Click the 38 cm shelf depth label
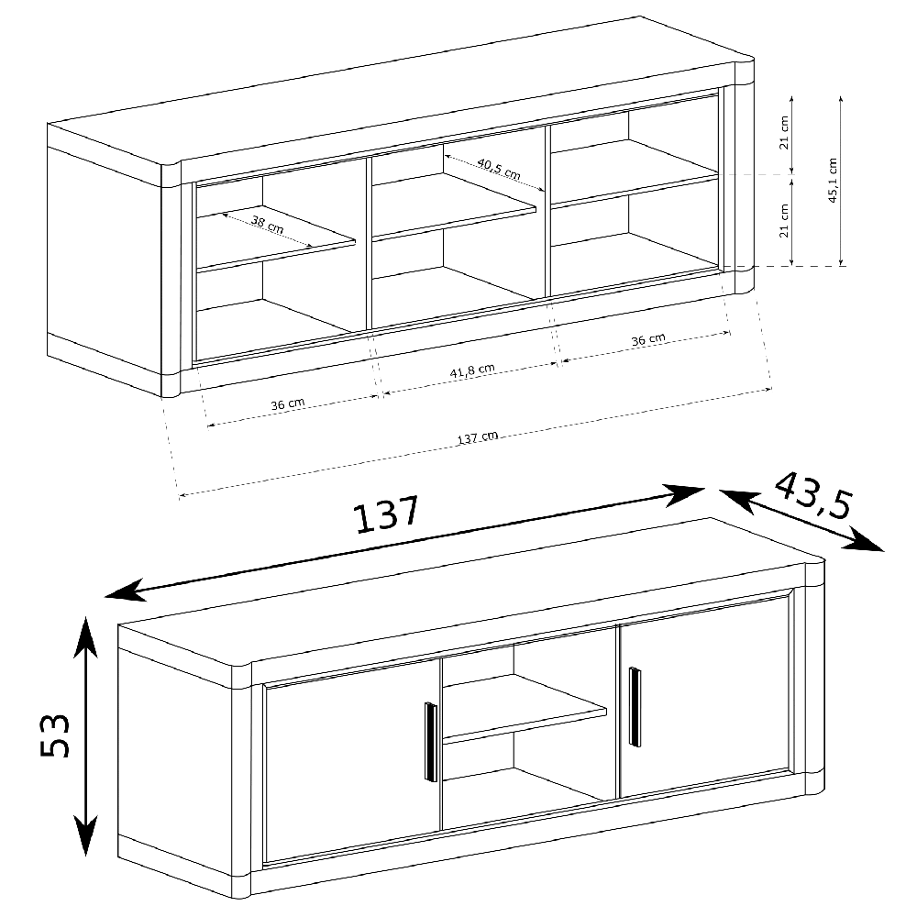(268, 225)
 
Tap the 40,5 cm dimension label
(499, 169)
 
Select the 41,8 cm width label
(472, 370)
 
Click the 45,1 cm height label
(833, 180)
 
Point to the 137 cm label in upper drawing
(477, 436)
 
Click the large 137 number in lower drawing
(387, 514)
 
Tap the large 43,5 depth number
(813, 496)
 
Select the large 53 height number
(55, 735)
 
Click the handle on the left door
(430, 742)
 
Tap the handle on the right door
(635, 706)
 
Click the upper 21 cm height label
(785, 132)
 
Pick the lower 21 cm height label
(785, 220)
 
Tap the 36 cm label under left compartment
(288, 404)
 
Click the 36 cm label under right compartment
(648, 340)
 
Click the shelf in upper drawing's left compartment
(276, 238)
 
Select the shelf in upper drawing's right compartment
(635, 172)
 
